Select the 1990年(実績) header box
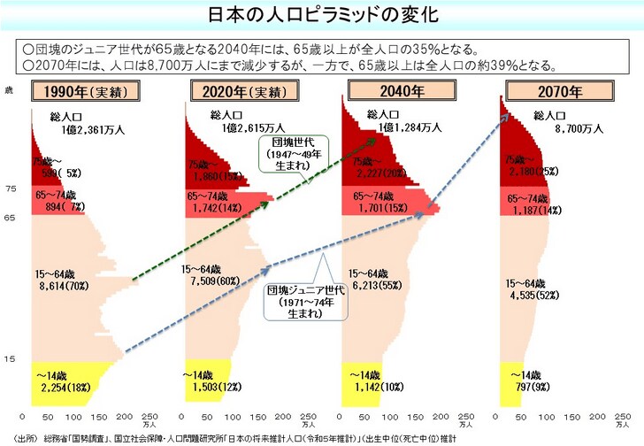click(73, 91)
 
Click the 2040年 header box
click(389, 90)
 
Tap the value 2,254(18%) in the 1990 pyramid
click(65, 387)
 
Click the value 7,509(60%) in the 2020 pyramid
click(215, 282)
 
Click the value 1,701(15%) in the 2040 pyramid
click(385, 209)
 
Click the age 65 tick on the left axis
click(10, 217)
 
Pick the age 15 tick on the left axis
click(10, 358)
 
